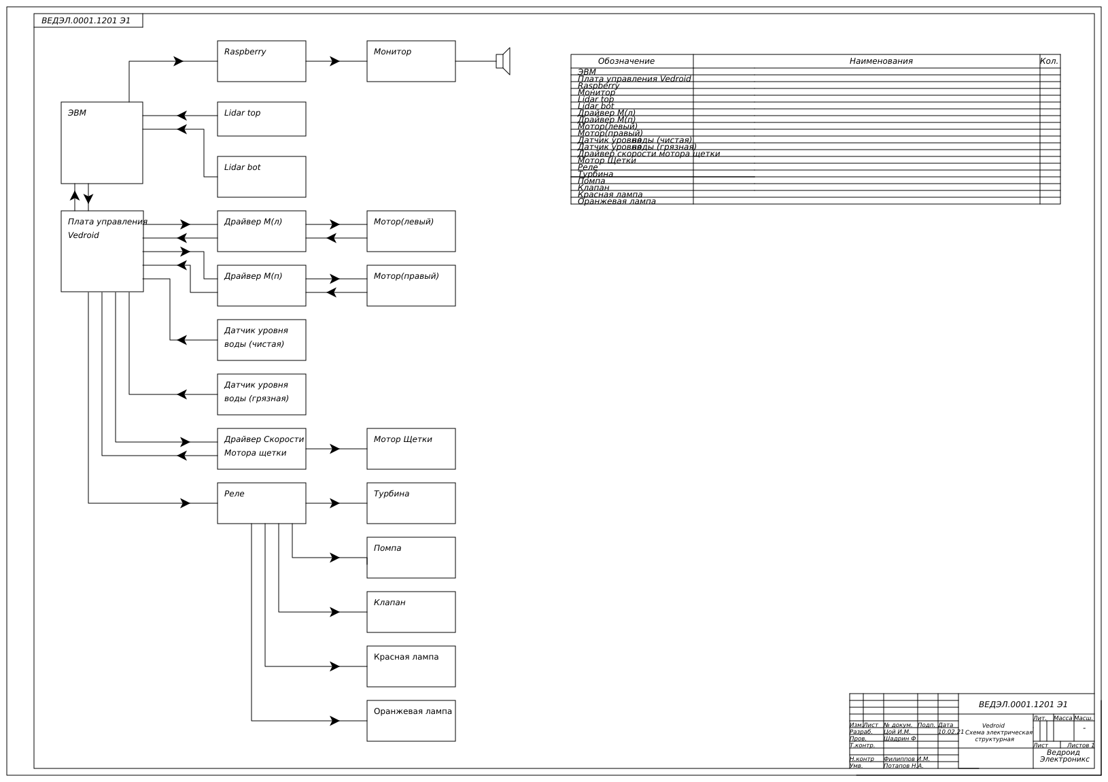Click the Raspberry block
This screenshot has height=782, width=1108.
[261, 61]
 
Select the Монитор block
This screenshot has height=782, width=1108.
[411, 61]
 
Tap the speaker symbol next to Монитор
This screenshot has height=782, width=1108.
[503, 61]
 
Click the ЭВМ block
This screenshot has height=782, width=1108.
[102, 143]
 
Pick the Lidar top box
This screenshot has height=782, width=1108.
[261, 119]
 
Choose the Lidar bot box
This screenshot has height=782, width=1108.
[261, 177]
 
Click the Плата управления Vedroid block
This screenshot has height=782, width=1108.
[102, 251]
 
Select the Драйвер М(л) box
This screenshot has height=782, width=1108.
[261, 231]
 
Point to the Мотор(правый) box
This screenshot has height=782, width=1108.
[411, 286]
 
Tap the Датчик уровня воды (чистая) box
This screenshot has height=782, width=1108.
[261, 340]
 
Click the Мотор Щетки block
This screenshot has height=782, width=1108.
[411, 449]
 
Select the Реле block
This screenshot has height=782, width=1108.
[261, 503]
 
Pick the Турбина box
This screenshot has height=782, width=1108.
[411, 503]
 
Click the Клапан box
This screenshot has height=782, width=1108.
[411, 612]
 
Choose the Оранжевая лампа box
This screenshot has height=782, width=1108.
[411, 721]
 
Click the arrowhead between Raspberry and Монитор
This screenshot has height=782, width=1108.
[334, 61]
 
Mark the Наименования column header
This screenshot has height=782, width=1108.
[881, 61]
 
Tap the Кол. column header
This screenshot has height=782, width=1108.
[1049, 61]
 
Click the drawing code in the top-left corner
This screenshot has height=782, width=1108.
[86, 20]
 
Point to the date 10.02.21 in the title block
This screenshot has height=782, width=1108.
[950, 732]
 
